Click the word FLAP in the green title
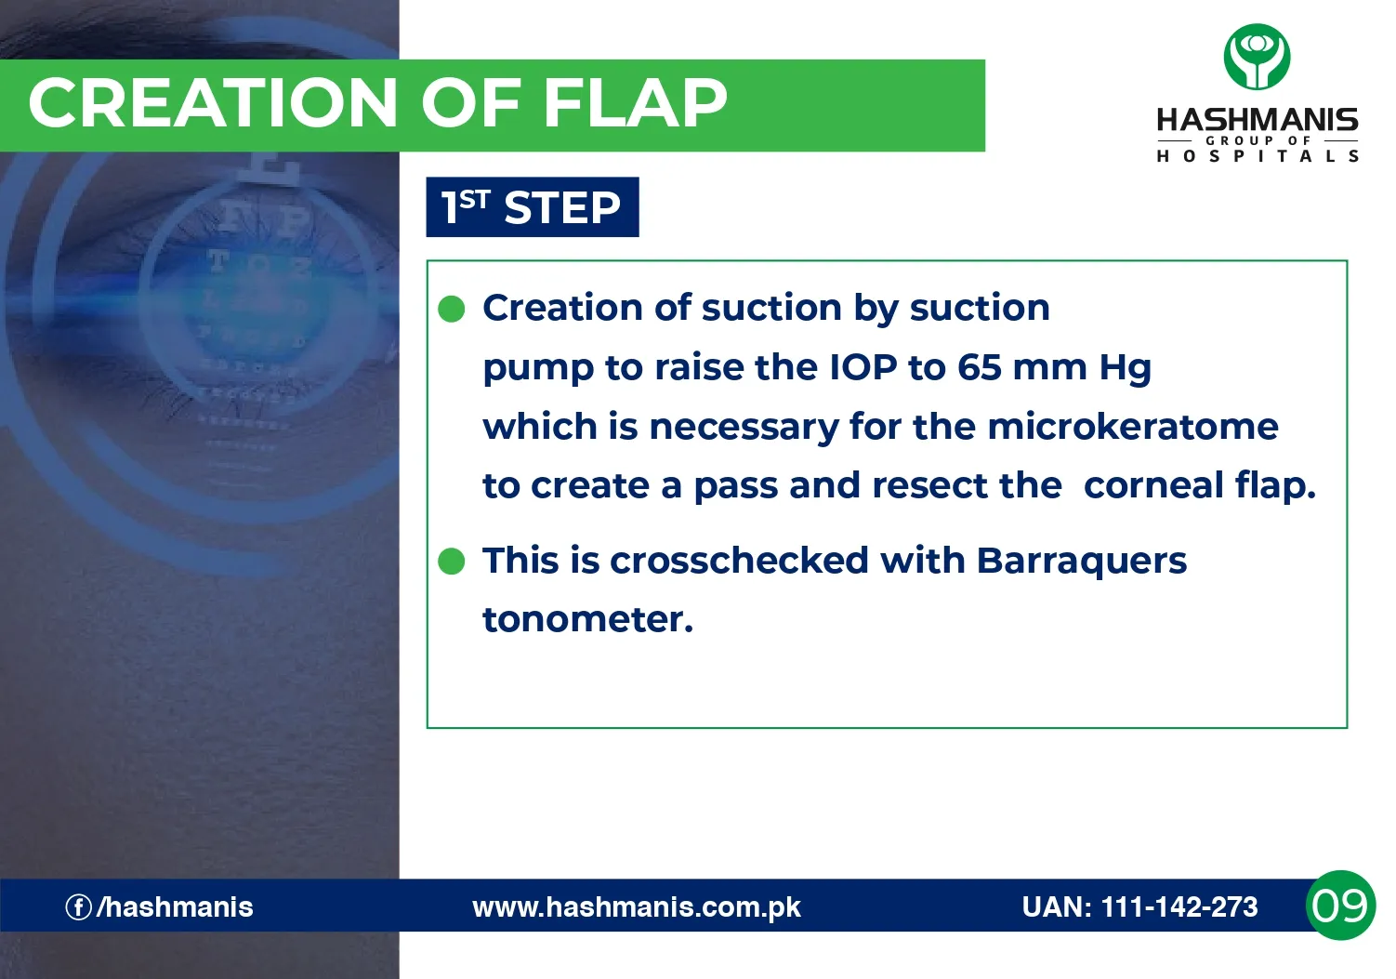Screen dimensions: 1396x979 635,103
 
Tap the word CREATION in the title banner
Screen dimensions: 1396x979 213,103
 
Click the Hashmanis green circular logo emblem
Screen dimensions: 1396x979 1257,57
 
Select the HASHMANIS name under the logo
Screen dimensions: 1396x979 1257,120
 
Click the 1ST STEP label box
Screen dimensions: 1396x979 533,207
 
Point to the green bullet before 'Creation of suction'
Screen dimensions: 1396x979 451,309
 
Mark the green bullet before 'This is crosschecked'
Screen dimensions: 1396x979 451,561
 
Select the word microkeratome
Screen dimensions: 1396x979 1133,427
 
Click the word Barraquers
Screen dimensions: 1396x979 1081,562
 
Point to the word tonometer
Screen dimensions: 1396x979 587,620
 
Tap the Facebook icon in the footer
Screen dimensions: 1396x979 78,907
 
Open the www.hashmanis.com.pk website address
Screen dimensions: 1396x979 637,907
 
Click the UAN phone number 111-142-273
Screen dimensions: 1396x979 1179,907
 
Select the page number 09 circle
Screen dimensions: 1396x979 1340,905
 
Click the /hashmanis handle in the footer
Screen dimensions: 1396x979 175,907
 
